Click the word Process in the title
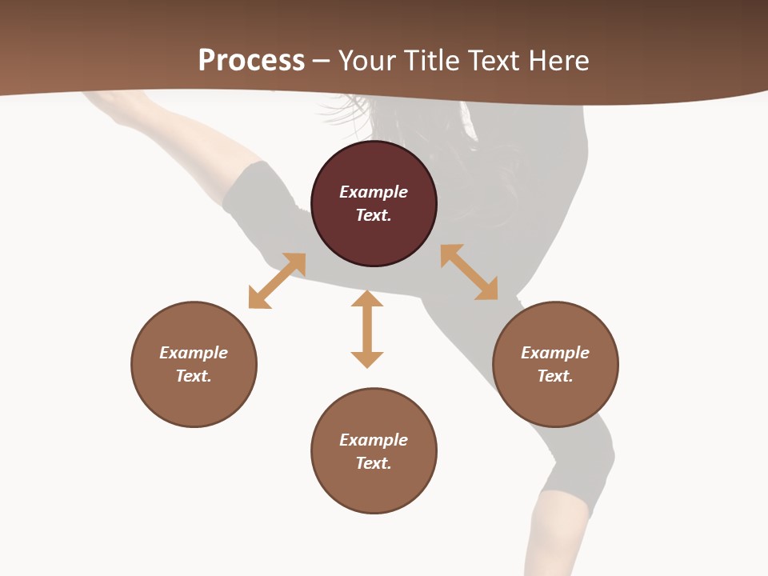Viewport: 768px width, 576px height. coord(251,60)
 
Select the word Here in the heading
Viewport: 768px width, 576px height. coord(555,60)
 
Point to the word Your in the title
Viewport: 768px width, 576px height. coord(365,60)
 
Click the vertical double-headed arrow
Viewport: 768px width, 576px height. coord(367,329)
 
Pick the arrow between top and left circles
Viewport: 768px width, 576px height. coord(277,281)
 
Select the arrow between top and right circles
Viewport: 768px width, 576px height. coord(469,272)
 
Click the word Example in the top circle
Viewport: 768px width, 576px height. coord(374,192)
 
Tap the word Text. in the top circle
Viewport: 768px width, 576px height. coord(374,215)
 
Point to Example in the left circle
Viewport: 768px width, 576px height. coord(194,353)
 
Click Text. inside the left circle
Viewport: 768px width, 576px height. coord(194,376)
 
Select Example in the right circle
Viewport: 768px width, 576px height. coord(555,353)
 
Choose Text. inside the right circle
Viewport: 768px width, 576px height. coord(555,376)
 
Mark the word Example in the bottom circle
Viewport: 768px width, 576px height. coord(374,440)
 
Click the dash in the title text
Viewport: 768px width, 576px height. coord(322,61)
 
